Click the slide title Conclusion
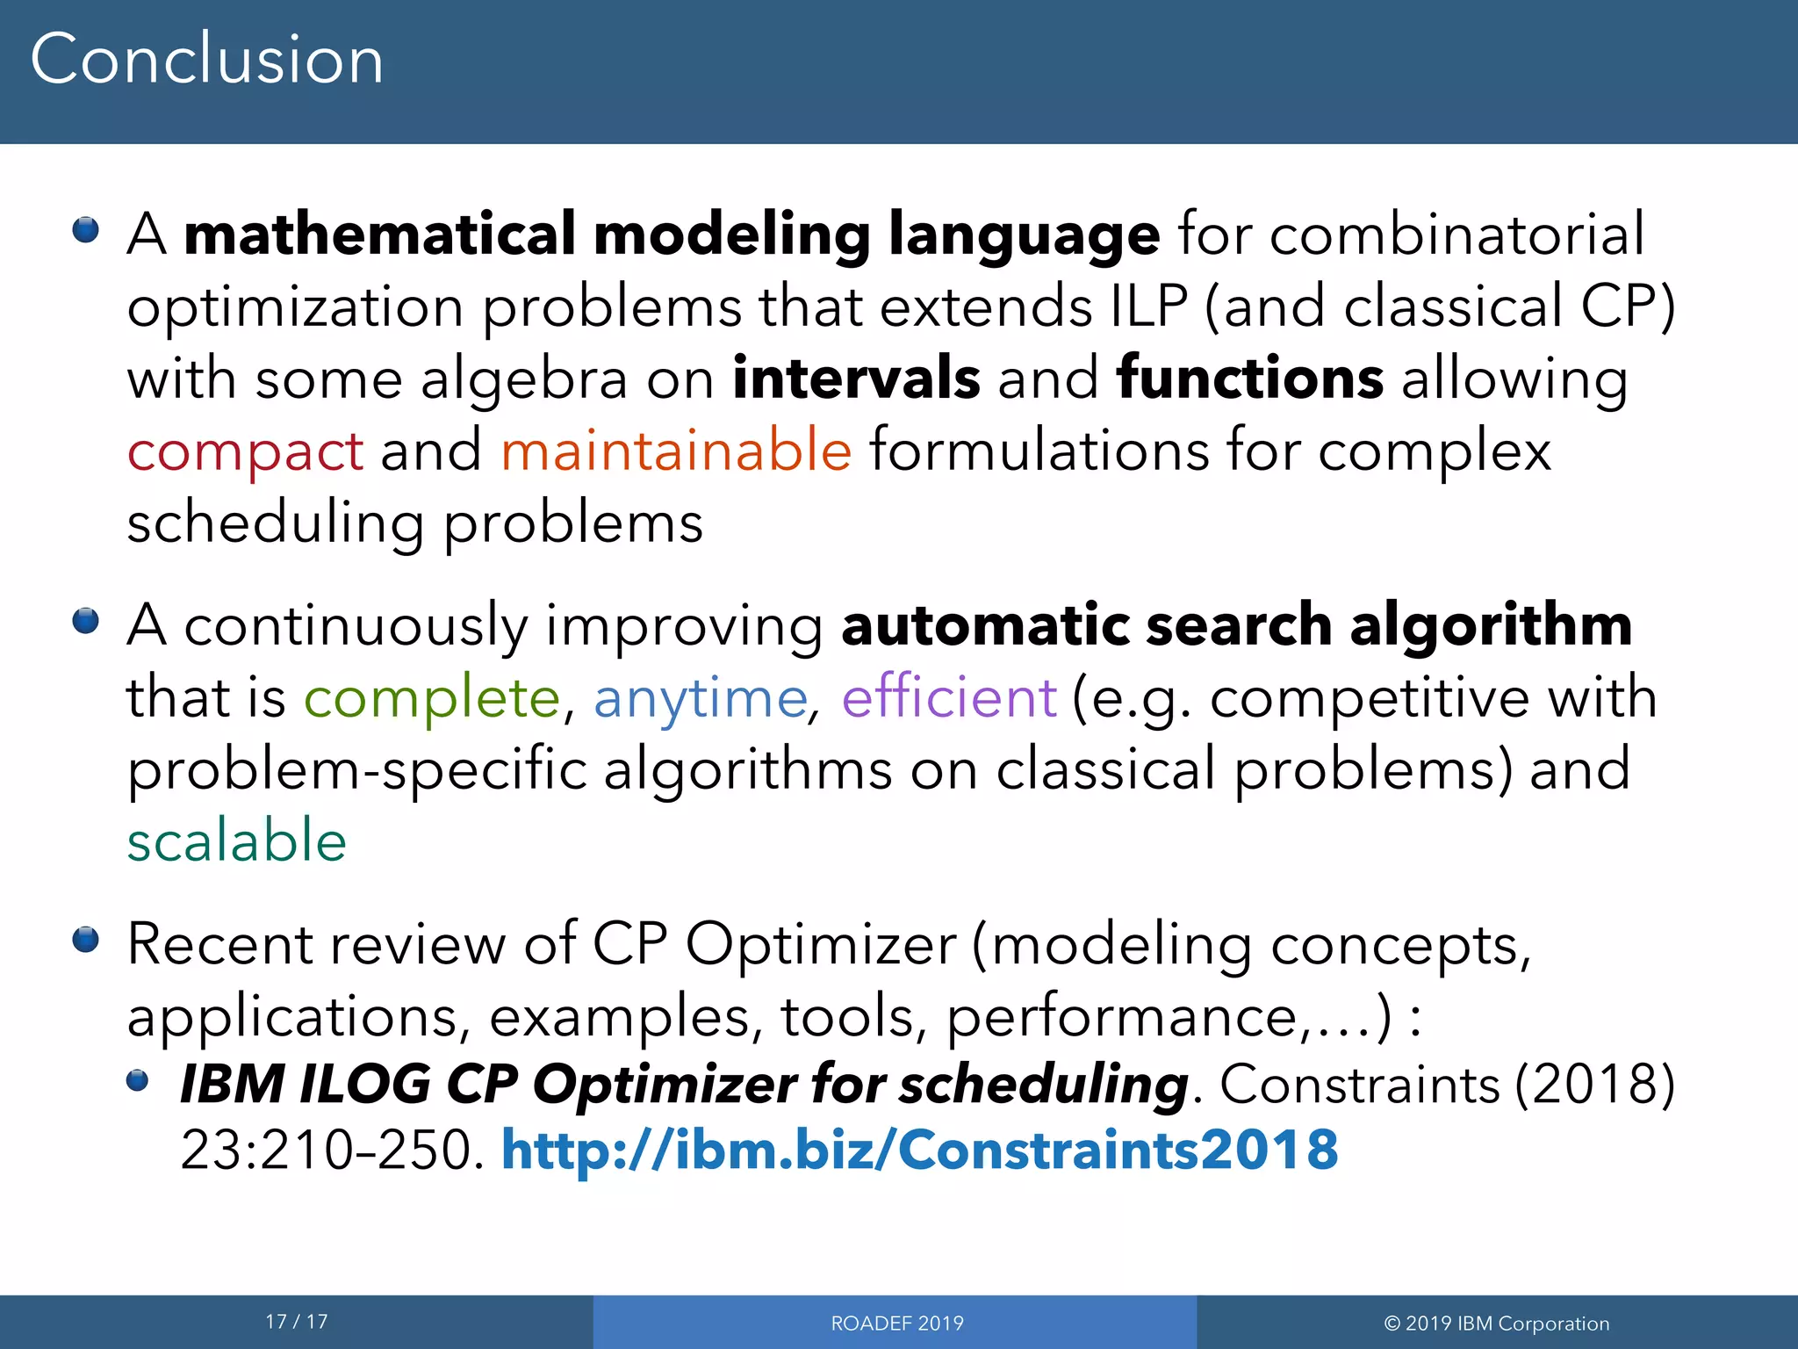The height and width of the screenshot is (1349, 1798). [x=207, y=60]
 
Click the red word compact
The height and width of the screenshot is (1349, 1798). [x=245, y=452]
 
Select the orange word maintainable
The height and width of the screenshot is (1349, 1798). [x=676, y=451]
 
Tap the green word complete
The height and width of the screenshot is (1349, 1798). [x=431, y=700]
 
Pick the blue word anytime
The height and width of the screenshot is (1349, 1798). [x=700, y=700]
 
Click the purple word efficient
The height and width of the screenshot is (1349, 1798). [x=948, y=698]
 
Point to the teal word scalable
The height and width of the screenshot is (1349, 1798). [x=237, y=841]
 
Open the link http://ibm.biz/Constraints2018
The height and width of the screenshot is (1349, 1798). [x=919, y=1150]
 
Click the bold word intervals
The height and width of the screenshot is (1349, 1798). [x=856, y=379]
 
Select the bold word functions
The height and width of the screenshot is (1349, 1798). [x=1250, y=379]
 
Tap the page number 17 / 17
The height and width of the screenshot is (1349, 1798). [x=297, y=1322]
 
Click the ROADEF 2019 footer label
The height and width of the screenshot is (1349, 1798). [x=896, y=1324]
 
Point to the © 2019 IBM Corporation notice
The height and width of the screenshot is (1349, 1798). [x=1497, y=1324]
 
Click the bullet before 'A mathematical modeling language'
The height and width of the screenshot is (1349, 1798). [x=86, y=231]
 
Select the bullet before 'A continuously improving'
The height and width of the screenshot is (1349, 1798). [x=86, y=622]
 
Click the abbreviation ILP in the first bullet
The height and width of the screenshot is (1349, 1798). [x=1148, y=307]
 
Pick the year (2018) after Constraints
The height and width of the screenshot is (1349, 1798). [x=1595, y=1084]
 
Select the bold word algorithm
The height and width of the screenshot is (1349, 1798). [x=1491, y=626]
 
